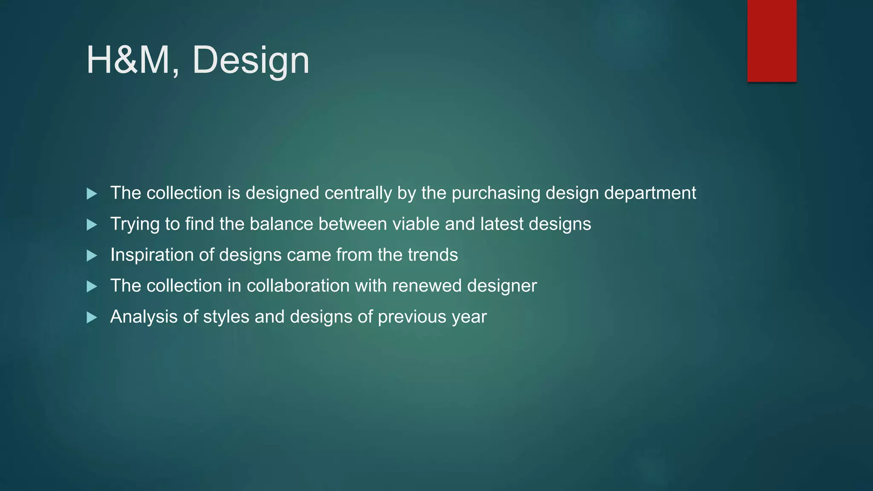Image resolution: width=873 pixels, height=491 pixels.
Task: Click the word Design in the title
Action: click(251, 60)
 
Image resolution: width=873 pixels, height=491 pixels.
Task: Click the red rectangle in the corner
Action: click(772, 40)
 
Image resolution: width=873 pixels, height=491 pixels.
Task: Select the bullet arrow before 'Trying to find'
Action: click(92, 225)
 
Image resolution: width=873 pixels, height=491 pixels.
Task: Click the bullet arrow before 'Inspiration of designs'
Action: click(92, 256)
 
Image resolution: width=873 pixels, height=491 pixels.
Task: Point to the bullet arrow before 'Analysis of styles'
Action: click(92, 318)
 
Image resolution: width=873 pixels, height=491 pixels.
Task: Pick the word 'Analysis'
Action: click(144, 317)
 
